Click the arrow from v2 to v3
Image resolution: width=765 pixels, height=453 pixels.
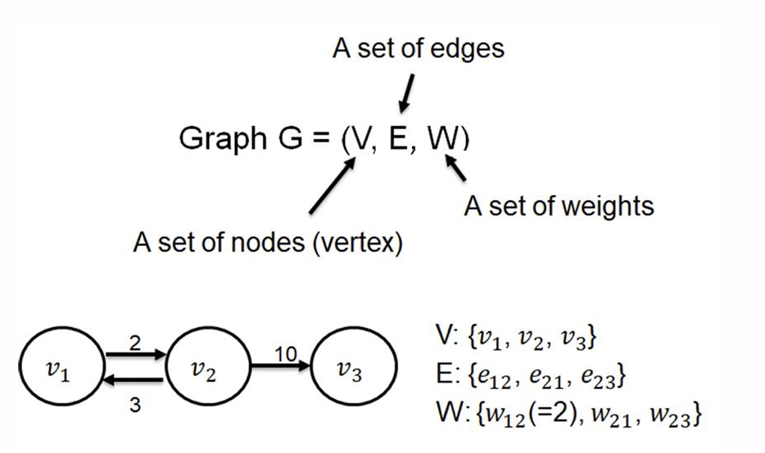point(280,366)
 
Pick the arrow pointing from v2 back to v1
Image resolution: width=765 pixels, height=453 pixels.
point(133,379)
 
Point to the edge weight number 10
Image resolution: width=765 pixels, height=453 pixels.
point(286,353)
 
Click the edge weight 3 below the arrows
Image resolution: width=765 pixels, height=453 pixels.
point(135,405)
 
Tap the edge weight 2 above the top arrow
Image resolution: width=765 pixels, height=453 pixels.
point(135,343)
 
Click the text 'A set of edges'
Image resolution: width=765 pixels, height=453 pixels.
point(418,49)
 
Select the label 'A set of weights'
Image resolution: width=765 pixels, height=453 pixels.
point(559,206)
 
